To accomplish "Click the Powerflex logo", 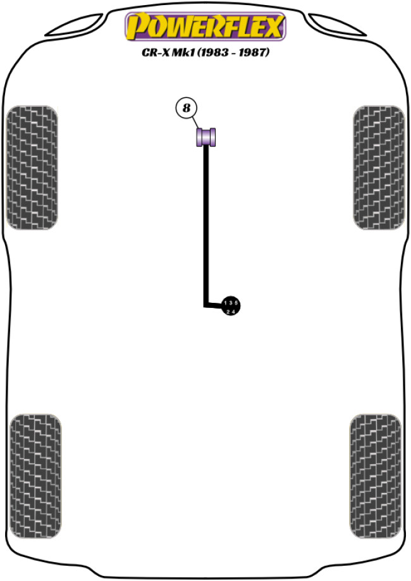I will click(x=205, y=27).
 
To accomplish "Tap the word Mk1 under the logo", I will click(x=183, y=53).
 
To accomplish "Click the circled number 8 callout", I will click(x=186, y=108).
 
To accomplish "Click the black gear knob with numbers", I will click(x=231, y=306).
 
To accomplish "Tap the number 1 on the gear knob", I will click(x=225, y=303).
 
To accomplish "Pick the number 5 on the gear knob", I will click(x=236, y=303).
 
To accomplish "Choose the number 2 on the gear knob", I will click(x=228, y=310).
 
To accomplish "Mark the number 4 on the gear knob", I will click(x=234, y=310).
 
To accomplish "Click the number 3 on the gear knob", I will click(x=231, y=303).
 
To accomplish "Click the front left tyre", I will click(x=32, y=168).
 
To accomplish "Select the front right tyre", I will click(x=378, y=168).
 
